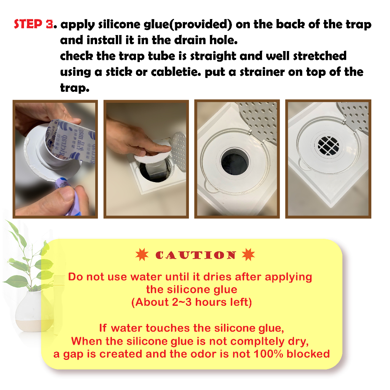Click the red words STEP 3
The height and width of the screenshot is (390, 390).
(x=34, y=24)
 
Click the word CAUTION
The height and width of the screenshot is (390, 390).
(x=195, y=255)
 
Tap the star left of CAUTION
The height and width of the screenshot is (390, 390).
(x=142, y=254)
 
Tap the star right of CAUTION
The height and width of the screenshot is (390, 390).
(x=248, y=254)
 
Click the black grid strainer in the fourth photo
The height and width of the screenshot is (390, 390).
(x=328, y=146)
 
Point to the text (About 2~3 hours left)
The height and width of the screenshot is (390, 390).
(x=192, y=302)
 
